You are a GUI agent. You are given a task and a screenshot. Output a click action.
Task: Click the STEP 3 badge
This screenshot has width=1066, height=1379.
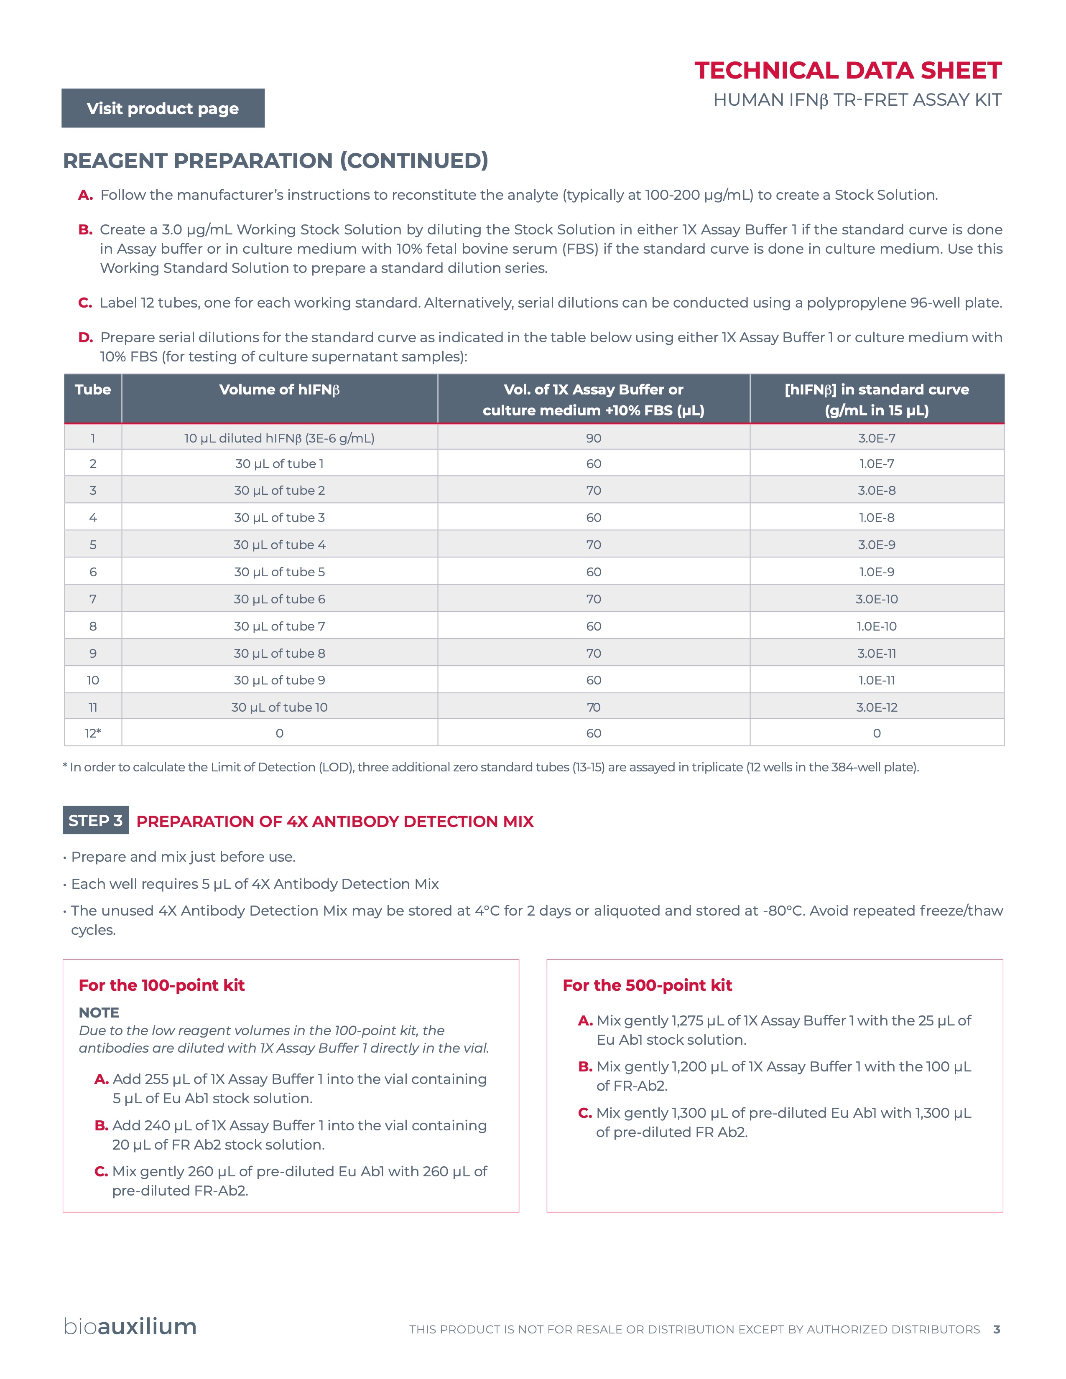95,820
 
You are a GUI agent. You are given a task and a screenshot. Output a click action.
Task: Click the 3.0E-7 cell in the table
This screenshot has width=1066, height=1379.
877,438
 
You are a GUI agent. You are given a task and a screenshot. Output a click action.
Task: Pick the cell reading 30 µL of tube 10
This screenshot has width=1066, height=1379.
279,707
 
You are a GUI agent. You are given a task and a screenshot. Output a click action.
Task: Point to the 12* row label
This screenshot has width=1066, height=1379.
93,733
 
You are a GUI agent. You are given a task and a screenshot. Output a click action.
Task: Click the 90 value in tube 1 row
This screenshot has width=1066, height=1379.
593,438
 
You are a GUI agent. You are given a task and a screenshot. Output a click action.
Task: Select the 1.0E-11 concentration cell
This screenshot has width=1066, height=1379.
877,680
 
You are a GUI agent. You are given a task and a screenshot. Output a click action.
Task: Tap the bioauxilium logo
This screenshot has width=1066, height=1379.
130,1327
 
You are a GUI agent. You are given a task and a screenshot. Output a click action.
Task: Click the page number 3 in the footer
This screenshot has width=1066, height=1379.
997,1329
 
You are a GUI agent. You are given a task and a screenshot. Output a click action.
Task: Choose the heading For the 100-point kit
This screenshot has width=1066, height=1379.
162,985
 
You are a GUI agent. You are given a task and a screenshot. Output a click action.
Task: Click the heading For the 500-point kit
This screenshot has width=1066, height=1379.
647,985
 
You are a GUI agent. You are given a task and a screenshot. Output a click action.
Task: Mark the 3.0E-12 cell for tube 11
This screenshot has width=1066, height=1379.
877,707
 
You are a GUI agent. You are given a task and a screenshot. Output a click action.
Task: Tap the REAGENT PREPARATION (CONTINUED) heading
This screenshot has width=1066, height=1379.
275,161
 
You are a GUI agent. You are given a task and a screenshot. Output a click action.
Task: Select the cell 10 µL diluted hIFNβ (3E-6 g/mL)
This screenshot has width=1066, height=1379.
279,438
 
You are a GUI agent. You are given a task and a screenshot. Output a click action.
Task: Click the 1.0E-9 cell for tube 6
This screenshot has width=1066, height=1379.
877,572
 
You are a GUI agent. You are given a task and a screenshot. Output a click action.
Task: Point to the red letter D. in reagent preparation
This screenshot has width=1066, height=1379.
85,338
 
